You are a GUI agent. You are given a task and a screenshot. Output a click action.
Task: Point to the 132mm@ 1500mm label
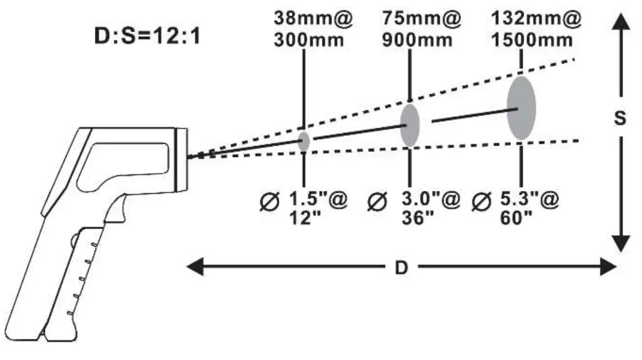pos(536,29)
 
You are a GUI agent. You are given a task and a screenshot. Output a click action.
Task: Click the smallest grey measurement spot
pos(304,141)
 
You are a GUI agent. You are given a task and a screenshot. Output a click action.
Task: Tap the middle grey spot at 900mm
pos(410,125)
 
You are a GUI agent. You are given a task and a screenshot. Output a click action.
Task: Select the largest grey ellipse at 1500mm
pos(521,108)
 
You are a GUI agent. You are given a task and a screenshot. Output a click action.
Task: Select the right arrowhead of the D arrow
pos(609,267)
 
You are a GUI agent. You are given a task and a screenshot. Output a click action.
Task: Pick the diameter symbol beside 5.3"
pos(479,202)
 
